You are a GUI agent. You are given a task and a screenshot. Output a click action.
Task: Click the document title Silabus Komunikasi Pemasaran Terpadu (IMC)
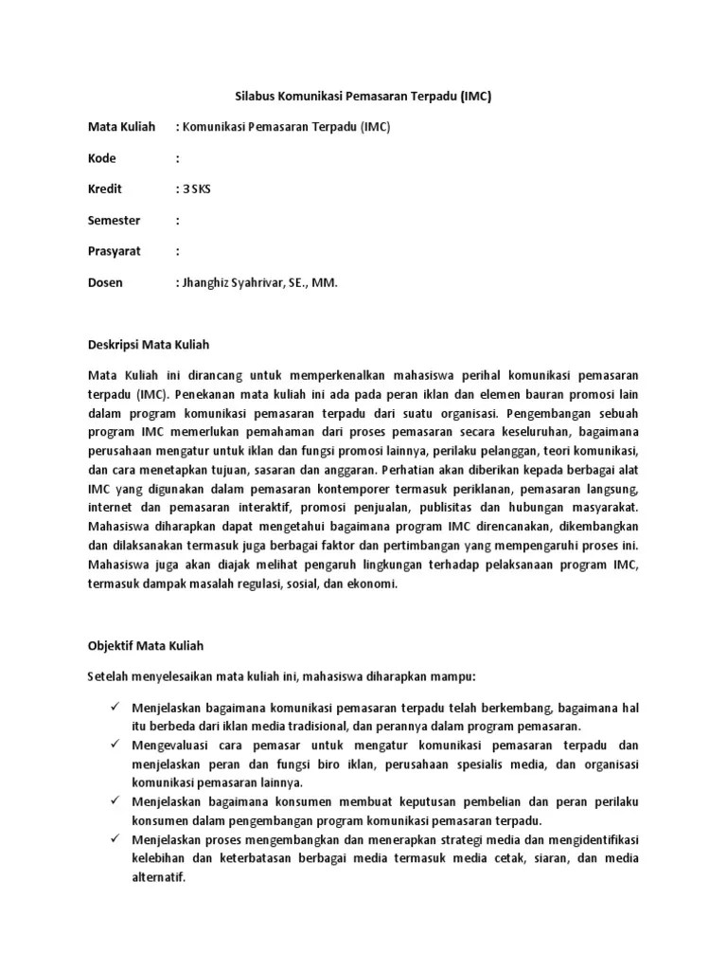coord(363,97)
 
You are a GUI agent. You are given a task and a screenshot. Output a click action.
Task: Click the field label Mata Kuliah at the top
coord(120,127)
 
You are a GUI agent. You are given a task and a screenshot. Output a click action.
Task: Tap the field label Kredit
coord(105,189)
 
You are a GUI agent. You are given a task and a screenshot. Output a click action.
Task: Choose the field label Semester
coord(114,221)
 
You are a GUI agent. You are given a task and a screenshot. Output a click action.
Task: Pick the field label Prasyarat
coord(114,252)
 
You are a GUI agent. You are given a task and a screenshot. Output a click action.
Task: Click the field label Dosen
coord(105,283)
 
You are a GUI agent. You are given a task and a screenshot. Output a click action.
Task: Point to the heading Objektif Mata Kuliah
coord(146,645)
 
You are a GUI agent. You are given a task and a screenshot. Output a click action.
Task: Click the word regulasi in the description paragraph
coord(277,584)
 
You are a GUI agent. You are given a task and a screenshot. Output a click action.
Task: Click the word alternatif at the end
coord(159,877)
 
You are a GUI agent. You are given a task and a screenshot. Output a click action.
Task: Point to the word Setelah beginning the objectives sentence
coord(107,676)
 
